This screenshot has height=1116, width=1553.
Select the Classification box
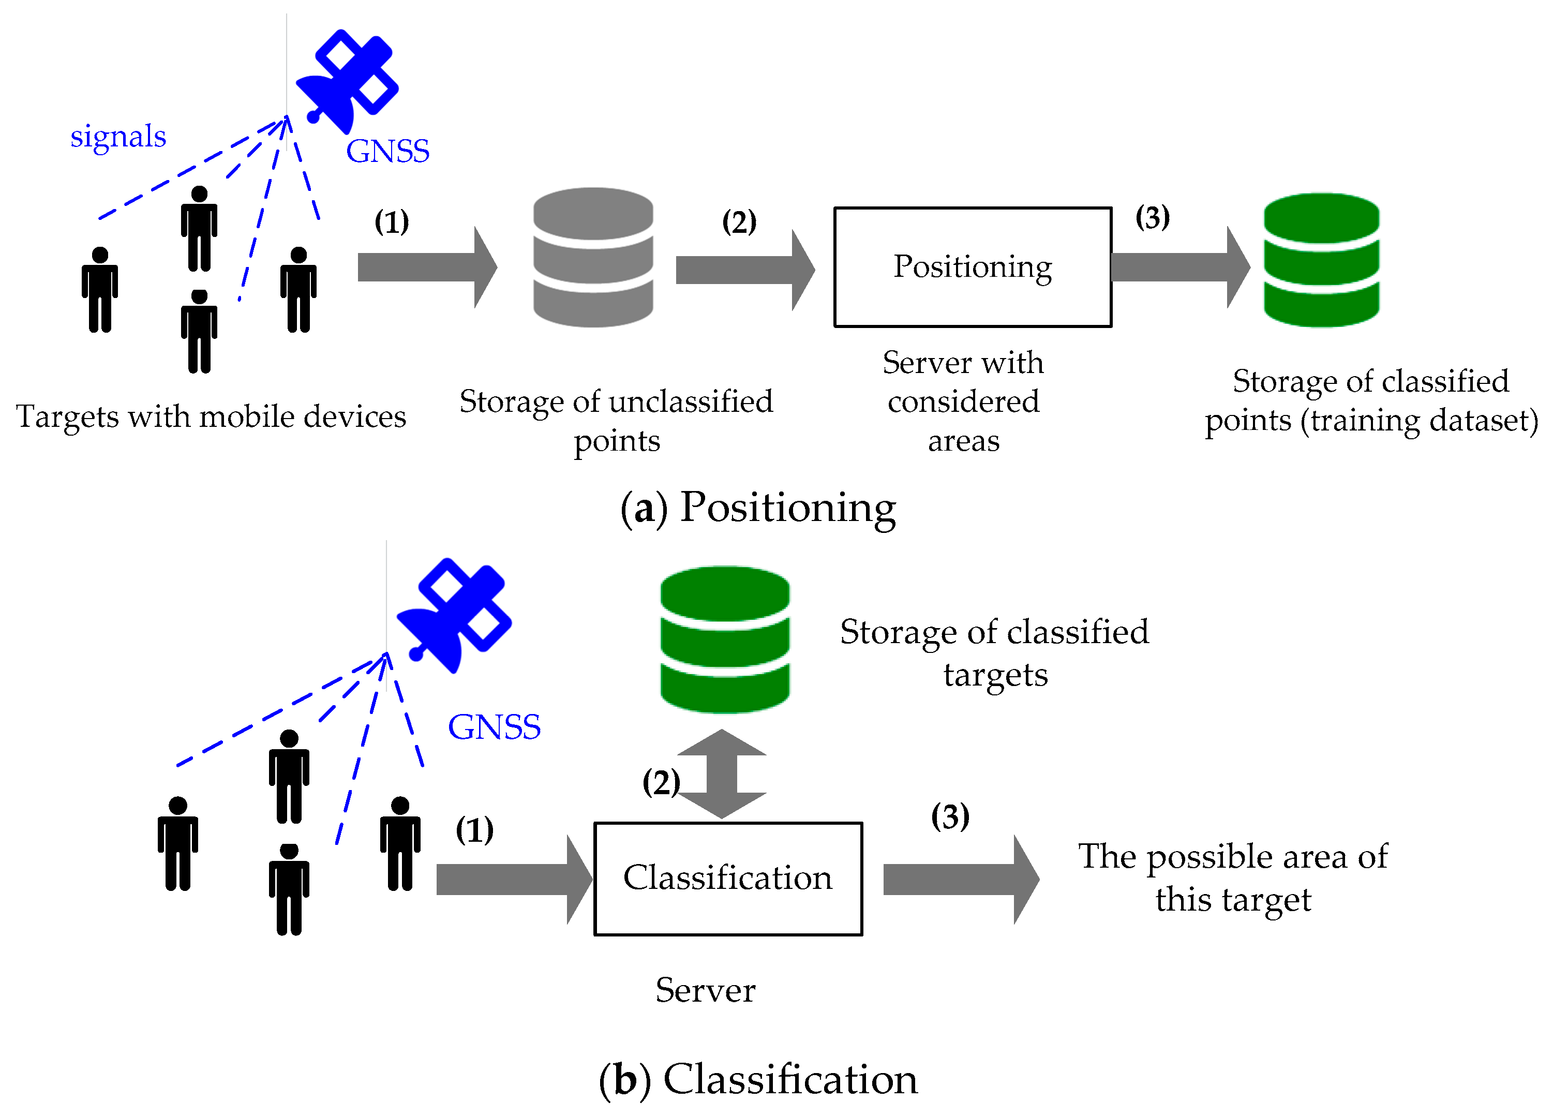pos(727,879)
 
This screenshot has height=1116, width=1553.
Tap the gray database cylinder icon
pos(592,258)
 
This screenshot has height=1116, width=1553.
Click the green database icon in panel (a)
pos(1320,260)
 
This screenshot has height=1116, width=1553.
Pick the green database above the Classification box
pos(724,639)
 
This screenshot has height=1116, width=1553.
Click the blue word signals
pos(118,136)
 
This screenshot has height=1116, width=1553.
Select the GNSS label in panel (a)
pos(387,151)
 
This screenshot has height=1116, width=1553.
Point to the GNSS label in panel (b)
pos(494,727)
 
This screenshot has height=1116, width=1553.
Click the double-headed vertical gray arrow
pos(721,773)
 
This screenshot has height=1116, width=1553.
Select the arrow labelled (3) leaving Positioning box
pos(1179,267)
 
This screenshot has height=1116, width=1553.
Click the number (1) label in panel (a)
pos(391,222)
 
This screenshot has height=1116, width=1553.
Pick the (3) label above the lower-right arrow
pos(950,816)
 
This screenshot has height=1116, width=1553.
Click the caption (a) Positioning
pos(757,508)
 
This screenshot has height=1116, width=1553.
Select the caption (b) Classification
pos(757,1080)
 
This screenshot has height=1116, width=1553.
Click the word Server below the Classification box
pos(705,990)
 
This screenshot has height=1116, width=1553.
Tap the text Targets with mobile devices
pos(211,416)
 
